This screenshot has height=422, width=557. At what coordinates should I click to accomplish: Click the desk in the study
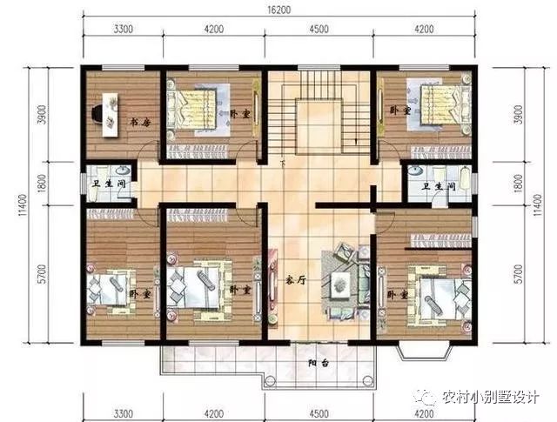click(109, 112)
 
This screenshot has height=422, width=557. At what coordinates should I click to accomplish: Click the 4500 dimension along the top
click(319, 29)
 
